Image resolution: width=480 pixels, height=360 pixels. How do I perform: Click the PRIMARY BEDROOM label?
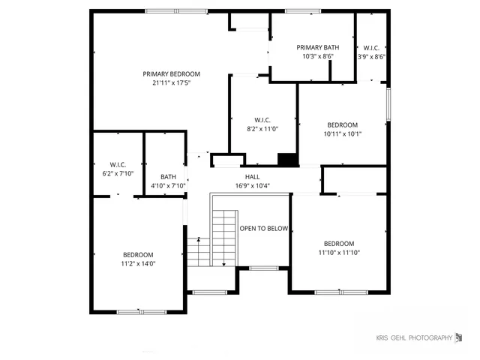tap(172, 73)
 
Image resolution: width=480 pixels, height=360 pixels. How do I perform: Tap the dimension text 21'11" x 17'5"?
tap(172, 82)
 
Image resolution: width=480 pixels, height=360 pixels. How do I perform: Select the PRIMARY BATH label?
tap(318, 47)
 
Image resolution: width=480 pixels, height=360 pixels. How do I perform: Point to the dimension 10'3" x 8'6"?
tap(318, 56)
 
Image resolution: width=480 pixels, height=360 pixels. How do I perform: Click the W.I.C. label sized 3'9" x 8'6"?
tap(370, 47)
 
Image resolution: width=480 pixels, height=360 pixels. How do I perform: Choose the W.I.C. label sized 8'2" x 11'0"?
tap(262, 120)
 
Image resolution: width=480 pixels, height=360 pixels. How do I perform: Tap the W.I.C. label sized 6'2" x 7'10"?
tap(118, 164)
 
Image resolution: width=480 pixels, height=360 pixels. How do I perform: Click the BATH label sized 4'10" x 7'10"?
tap(168, 177)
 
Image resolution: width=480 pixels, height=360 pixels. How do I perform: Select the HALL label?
tap(253, 176)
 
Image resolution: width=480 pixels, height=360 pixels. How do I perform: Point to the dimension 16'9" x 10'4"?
tap(253, 185)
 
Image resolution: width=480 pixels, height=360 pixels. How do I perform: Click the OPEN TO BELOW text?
tap(263, 229)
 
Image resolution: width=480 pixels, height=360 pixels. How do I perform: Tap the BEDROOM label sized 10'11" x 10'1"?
tap(342, 125)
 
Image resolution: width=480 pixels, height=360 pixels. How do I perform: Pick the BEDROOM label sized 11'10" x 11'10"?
tap(339, 244)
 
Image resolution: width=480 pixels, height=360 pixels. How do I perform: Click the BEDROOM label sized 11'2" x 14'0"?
tap(138, 255)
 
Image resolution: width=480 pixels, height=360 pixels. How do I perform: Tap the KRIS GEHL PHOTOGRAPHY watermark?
tap(414, 338)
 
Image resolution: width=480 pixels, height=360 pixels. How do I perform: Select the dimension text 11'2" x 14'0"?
tap(138, 264)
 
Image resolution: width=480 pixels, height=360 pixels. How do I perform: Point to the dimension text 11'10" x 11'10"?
tap(339, 253)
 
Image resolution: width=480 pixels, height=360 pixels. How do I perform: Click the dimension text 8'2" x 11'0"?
tap(262, 129)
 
